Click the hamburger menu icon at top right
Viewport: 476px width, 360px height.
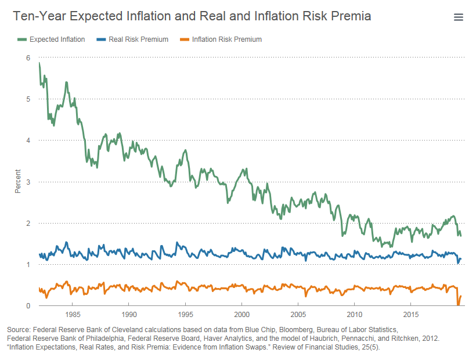(x=458, y=17)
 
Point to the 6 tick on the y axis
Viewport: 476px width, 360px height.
(x=28, y=57)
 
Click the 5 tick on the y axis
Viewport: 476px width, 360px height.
(x=28, y=99)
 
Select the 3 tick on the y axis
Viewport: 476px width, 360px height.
(x=28, y=182)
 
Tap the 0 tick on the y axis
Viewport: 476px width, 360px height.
(x=28, y=306)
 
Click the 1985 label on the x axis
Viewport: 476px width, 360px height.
(x=73, y=315)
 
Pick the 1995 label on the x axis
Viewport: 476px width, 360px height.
(x=185, y=315)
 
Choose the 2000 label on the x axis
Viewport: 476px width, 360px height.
(x=241, y=315)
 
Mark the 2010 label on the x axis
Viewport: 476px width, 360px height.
(x=354, y=315)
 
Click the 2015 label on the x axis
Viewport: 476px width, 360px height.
(x=410, y=315)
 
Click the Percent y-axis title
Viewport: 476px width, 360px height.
(x=18, y=181)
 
